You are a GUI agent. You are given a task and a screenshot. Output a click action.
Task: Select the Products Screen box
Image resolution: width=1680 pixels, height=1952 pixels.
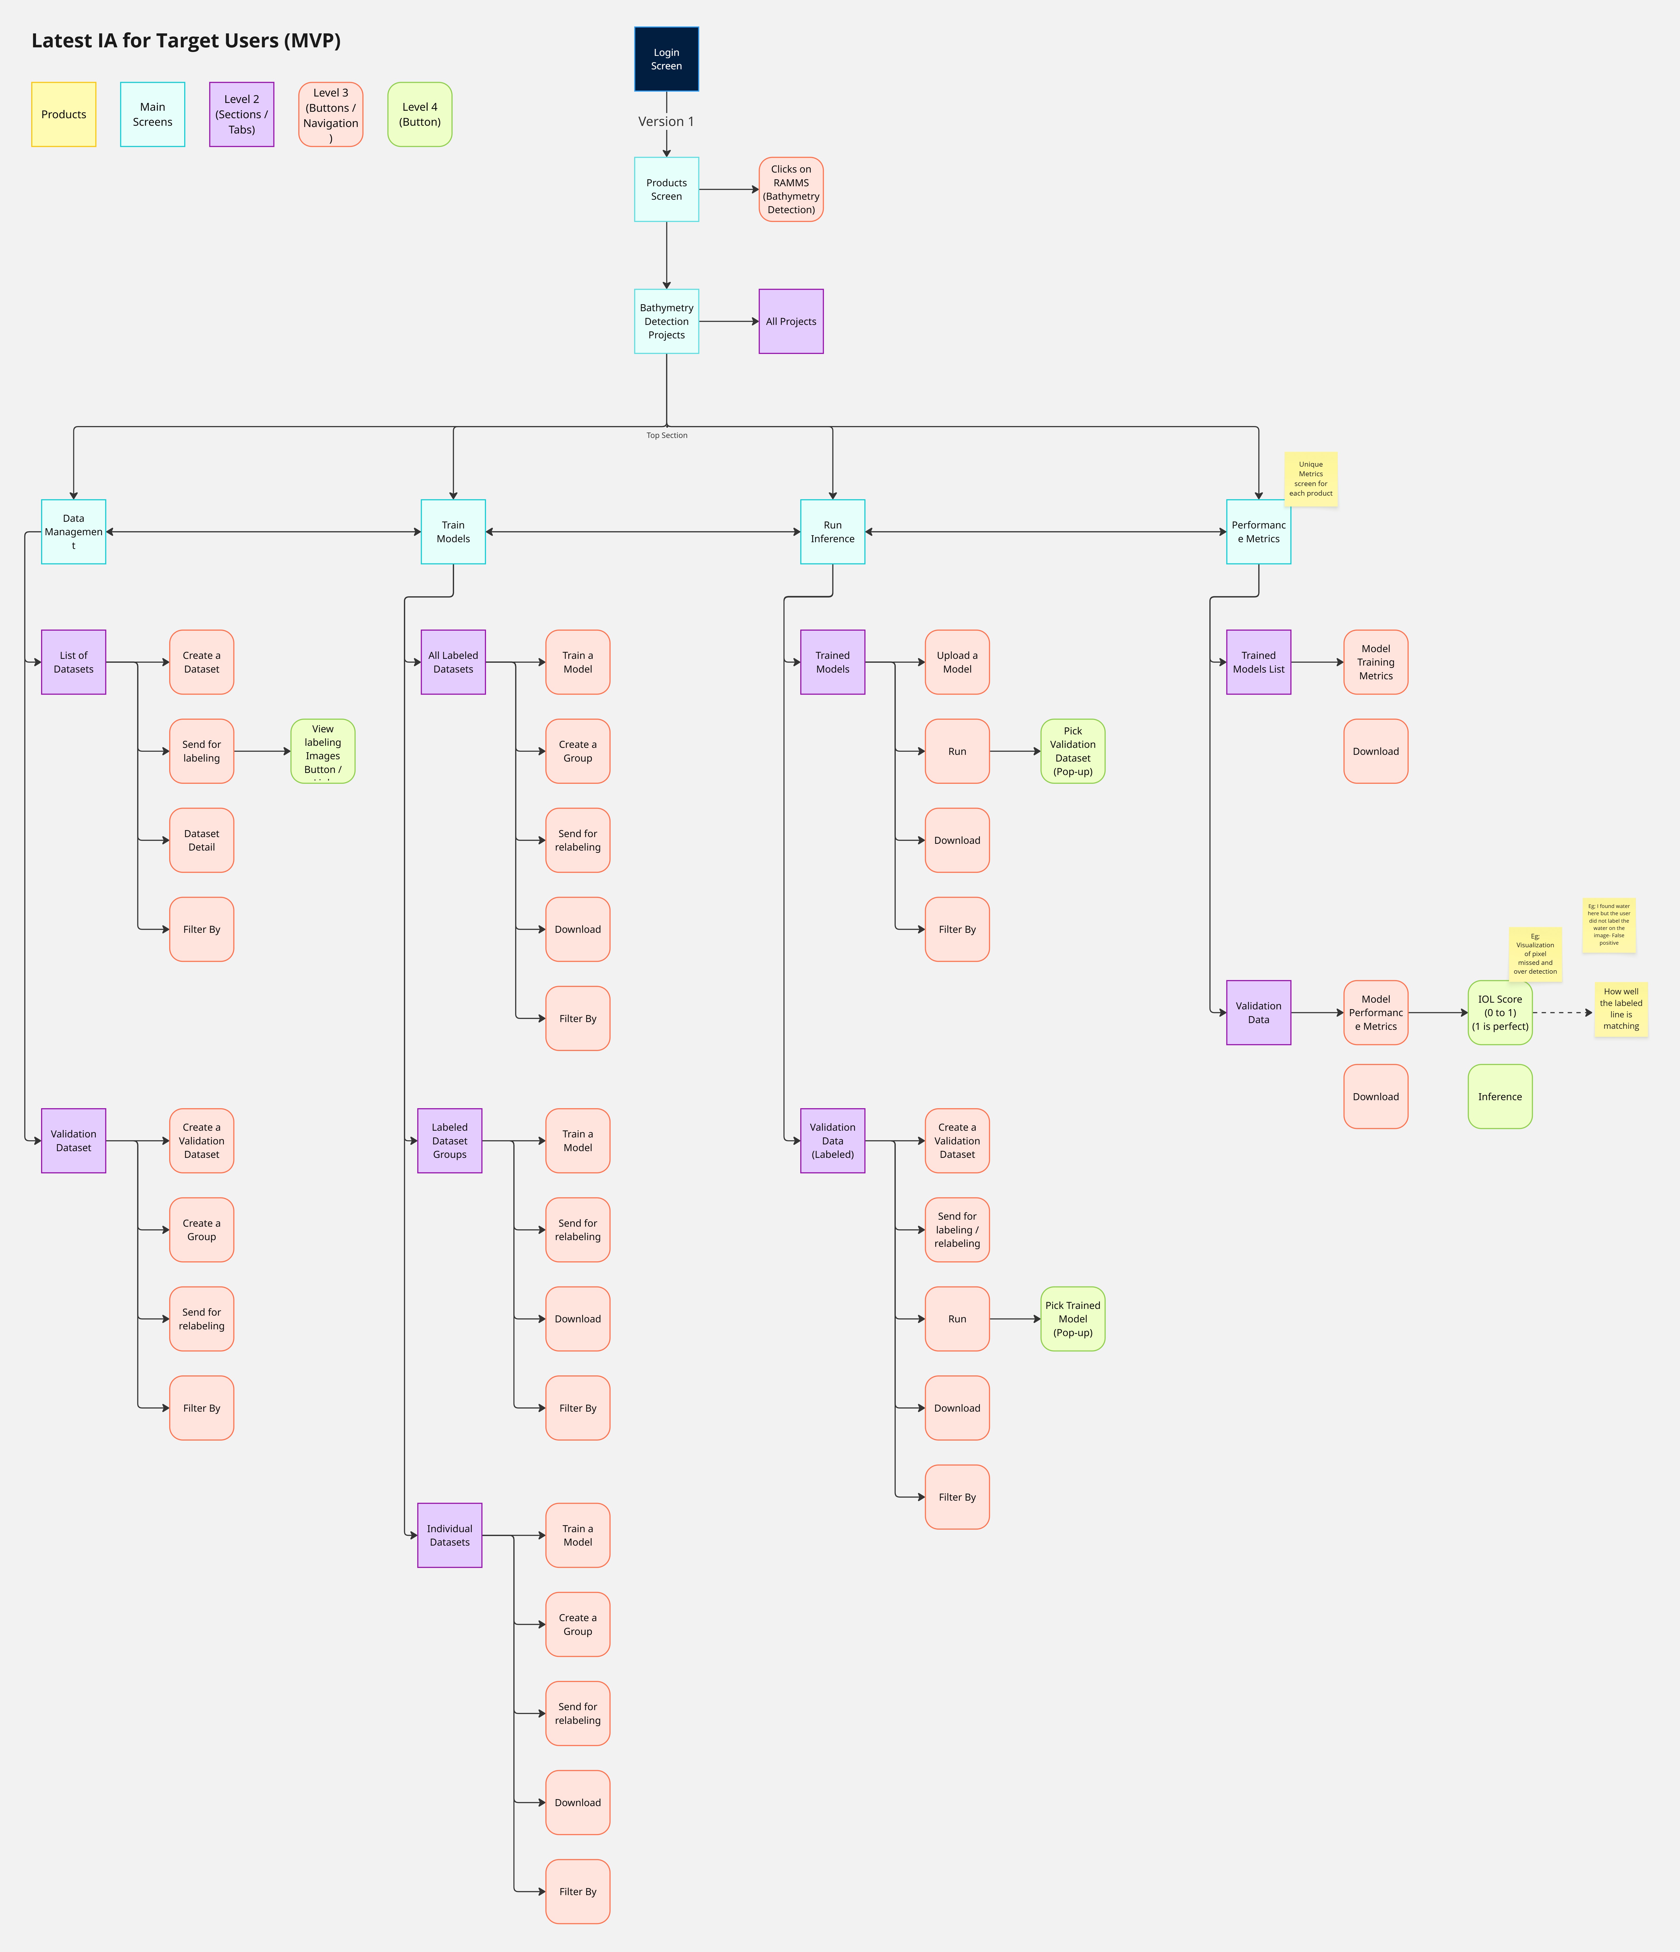point(666,189)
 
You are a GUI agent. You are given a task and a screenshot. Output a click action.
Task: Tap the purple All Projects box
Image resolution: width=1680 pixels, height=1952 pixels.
point(790,321)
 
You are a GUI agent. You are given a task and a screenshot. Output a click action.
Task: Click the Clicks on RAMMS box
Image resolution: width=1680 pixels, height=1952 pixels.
point(790,189)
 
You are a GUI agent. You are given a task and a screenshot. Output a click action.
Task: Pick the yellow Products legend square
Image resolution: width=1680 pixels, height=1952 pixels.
point(64,114)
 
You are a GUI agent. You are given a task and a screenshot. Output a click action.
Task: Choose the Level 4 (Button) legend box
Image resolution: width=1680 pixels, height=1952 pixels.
point(419,114)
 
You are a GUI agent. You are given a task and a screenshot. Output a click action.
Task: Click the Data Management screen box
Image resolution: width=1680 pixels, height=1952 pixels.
point(73,531)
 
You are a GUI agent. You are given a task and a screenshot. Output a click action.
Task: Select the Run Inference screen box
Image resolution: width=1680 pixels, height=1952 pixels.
point(832,531)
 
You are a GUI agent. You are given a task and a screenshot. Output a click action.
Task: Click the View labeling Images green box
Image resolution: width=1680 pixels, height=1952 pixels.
point(322,751)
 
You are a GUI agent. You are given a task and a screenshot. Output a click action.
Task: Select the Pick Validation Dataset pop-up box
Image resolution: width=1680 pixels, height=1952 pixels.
point(1072,751)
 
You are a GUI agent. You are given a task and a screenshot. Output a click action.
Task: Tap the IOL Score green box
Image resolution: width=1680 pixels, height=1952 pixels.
point(1499,1013)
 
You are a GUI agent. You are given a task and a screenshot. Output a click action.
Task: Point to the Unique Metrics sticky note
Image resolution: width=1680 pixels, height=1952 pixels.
point(1310,479)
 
